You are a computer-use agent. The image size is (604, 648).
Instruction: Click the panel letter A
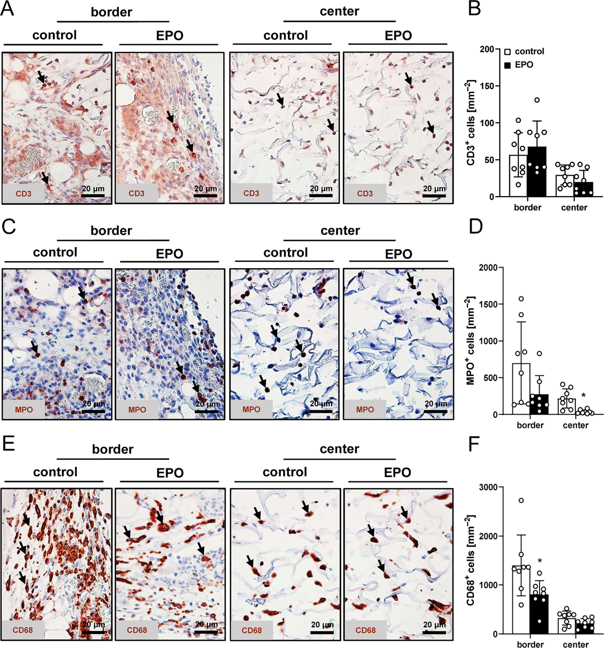[8, 9]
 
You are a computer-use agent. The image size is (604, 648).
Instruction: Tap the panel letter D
[476, 226]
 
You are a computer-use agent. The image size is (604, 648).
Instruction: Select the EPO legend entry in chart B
[519, 65]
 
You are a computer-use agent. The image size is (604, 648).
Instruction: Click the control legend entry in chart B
[524, 51]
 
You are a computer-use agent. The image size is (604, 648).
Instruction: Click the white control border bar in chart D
[521, 389]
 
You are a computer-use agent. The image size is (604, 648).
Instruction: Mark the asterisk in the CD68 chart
[540, 561]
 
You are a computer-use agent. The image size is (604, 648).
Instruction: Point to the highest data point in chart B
[537, 100]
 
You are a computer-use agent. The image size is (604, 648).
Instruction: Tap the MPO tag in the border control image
[24, 410]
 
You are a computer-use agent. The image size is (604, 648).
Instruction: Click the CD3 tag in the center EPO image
[365, 194]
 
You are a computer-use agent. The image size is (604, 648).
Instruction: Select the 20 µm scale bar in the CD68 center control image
[322, 632]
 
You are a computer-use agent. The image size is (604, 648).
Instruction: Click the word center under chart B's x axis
[574, 207]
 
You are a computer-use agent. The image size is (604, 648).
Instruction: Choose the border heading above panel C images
[111, 230]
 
